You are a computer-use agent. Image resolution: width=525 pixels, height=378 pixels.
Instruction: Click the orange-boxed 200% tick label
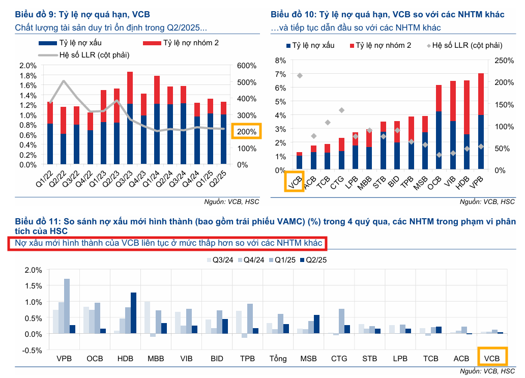(x=246, y=132)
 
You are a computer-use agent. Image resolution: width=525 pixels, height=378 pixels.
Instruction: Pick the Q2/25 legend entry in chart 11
(x=312, y=260)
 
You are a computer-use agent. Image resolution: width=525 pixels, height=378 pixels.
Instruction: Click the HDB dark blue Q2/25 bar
(x=133, y=313)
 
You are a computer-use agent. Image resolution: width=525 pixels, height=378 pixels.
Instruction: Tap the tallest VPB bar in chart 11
(x=67, y=306)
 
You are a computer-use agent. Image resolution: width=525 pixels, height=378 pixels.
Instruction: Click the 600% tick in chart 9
(x=246, y=66)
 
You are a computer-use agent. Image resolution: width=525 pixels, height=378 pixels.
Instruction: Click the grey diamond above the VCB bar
(x=300, y=76)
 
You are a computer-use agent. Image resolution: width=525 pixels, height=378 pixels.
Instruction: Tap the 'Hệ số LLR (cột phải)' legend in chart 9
(x=84, y=54)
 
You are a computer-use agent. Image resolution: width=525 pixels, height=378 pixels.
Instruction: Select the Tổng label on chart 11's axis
(x=279, y=358)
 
